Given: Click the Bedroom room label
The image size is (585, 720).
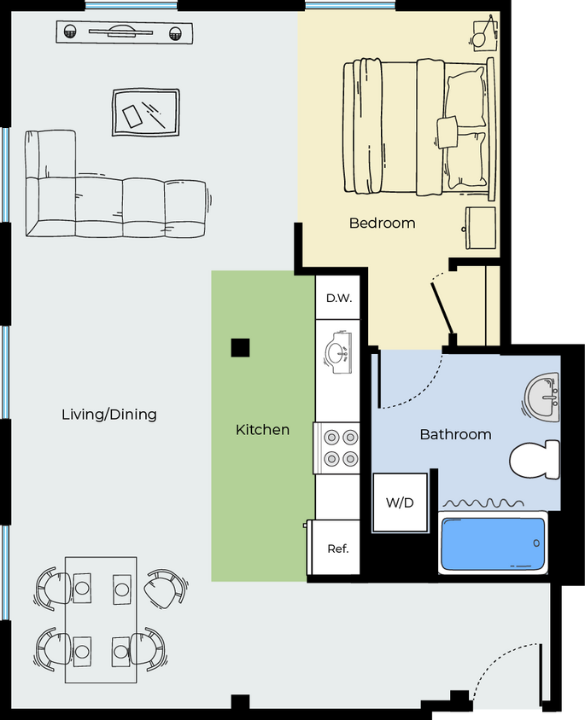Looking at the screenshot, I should click(382, 224).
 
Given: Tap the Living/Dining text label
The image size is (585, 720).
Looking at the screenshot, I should click(109, 415).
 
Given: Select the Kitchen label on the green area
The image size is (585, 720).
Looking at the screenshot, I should click(262, 430).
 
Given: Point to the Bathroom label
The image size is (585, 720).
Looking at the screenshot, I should click(455, 434).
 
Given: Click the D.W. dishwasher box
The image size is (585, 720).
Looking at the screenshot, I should click(339, 299).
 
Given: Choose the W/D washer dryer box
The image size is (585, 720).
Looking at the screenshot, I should click(400, 502).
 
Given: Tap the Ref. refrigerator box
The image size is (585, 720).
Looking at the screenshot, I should click(337, 549).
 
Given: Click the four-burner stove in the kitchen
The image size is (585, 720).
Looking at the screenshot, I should click(339, 448).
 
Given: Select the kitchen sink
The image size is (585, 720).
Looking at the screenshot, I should click(339, 352).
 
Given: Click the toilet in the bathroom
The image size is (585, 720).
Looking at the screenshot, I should click(535, 461).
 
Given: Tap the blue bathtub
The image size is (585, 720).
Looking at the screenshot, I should click(492, 543).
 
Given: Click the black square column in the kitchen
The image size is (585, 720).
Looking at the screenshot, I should click(240, 347).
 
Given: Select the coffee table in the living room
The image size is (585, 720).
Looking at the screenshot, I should click(145, 112).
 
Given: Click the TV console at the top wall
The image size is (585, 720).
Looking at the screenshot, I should click(124, 33).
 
